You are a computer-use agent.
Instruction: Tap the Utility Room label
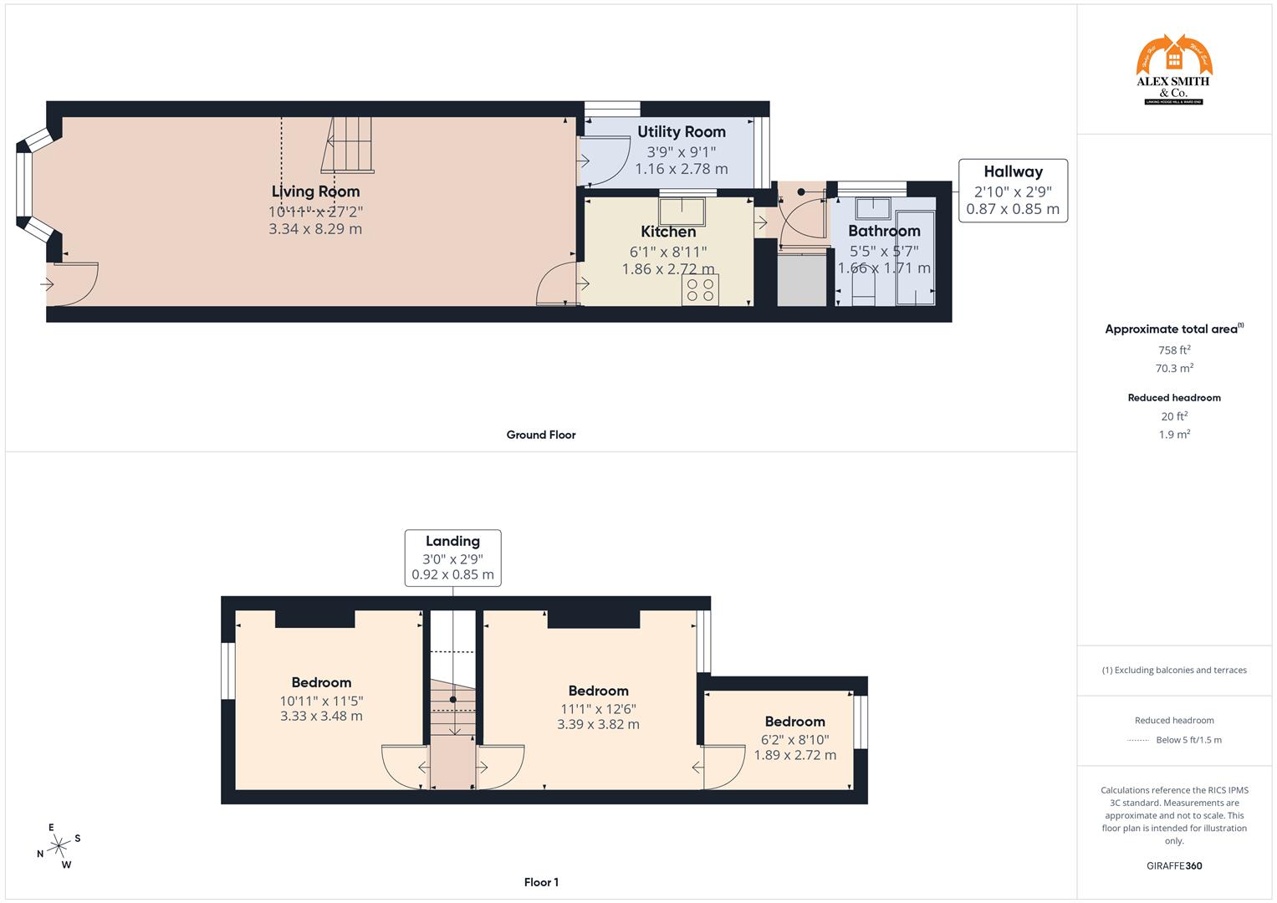(x=681, y=131)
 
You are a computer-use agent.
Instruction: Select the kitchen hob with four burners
(x=700, y=290)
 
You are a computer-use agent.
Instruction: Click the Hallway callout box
(x=1013, y=190)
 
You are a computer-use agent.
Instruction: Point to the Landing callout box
(x=452, y=558)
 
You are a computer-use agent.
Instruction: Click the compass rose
(x=59, y=846)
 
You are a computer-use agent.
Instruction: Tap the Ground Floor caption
(x=540, y=435)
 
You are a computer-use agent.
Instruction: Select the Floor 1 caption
(x=540, y=882)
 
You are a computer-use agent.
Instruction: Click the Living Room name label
(x=315, y=191)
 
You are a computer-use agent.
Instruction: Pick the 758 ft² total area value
(x=1173, y=350)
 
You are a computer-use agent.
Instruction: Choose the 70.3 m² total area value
(x=1173, y=368)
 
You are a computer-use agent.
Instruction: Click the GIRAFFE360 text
(x=1173, y=865)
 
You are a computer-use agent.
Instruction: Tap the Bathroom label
(x=884, y=231)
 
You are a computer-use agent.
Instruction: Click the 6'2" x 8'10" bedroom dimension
(x=794, y=739)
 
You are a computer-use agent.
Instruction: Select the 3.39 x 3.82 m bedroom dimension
(x=598, y=724)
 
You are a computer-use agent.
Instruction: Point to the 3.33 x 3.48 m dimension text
(x=321, y=716)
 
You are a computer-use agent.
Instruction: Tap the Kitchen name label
(x=668, y=232)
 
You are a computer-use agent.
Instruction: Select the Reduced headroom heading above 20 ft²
(x=1173, y=398)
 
